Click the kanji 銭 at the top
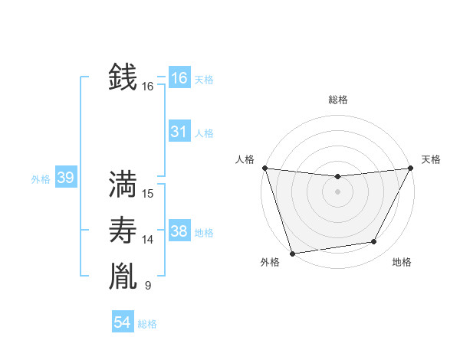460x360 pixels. pos(123,77)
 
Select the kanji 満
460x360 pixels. pos(123,184)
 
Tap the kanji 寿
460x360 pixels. pos(123,230)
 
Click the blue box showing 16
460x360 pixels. pos(179,78)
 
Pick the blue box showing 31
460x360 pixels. pos(179,132)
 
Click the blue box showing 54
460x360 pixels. pos(122,322)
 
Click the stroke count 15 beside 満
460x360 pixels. pos(148,194)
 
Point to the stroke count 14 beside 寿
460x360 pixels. pos(148,240)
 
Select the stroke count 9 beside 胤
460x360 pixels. pos(148,286)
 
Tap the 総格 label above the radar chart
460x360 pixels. pos(337,100)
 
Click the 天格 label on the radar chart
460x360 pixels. pos(431,159)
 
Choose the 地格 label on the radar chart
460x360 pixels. pos(402,263)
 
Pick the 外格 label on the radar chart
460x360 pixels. pos(270,263)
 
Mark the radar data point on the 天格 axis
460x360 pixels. pos(410,168)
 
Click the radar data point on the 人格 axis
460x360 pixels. pos(264,168)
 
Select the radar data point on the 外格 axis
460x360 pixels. pos(292,253)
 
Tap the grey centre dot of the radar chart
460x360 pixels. pos(337,191)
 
